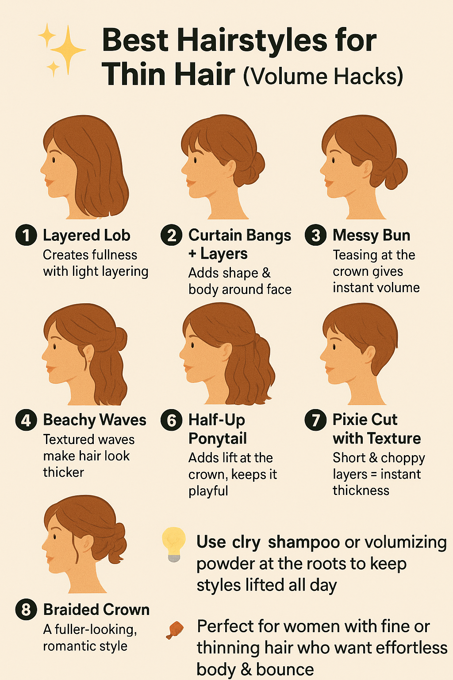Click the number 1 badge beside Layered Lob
point(26,235)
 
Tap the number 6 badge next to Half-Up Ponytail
point(172,420)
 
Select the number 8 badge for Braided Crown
point(26,609)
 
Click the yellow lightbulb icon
point(174,545)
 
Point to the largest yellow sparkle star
point(68,50)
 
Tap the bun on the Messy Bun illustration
point(395,174)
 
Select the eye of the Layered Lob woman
point(54,160)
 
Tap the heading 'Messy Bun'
point(371,235)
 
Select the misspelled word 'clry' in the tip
point(246,542)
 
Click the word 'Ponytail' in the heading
point(218,438)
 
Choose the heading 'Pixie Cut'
point(365,420)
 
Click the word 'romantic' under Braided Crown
point(65,646)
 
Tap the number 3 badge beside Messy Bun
point(315,235)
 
